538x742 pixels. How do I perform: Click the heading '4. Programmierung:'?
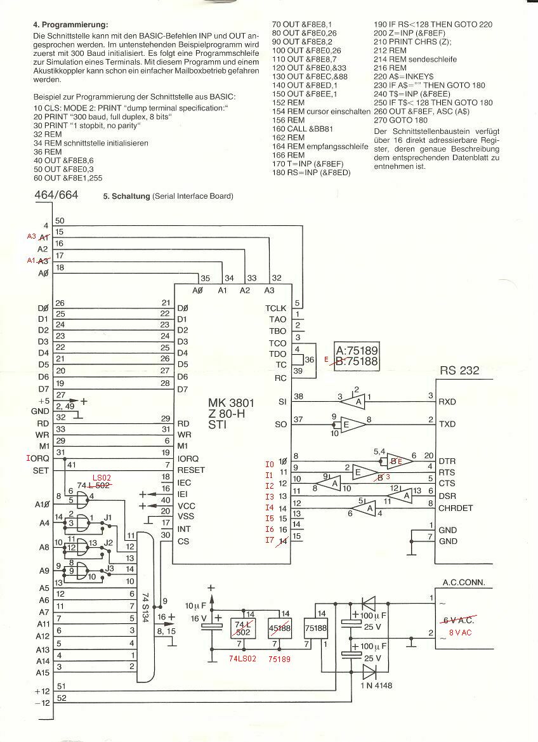(x=70, y=24)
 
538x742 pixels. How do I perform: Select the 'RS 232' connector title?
(x=459, y=370)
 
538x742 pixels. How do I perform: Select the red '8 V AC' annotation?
(x=461, y=633)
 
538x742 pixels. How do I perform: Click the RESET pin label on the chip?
(x=192, y=470)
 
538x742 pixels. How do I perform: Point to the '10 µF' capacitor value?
(x=194, y=604)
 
